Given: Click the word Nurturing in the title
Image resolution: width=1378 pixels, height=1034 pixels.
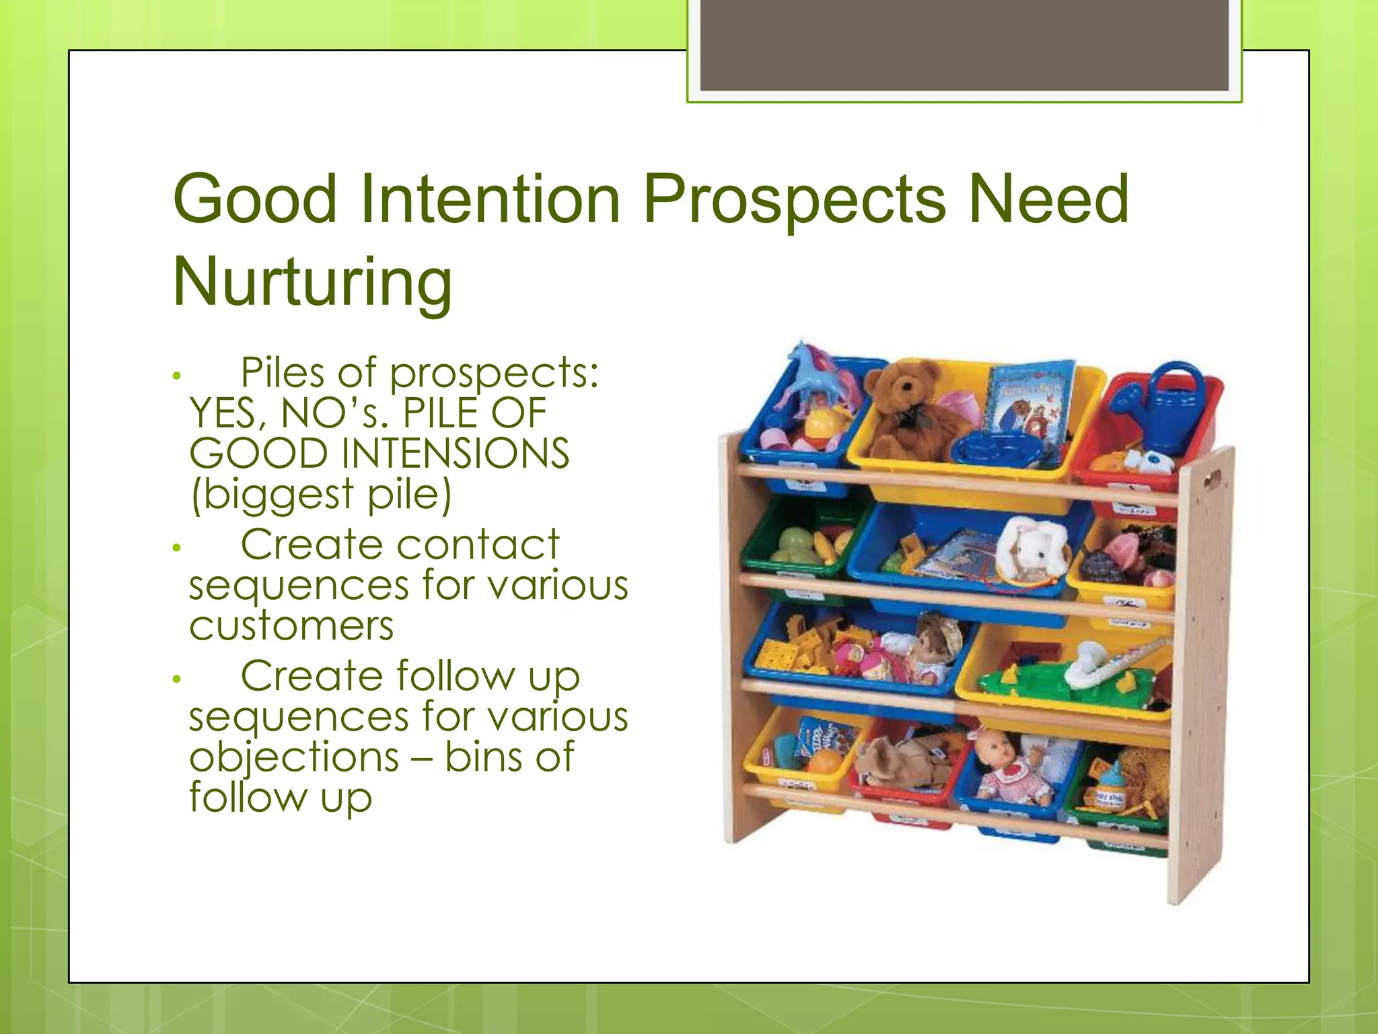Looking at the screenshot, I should click(312, 281).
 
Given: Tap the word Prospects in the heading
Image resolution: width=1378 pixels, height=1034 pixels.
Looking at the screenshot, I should click(795, 200).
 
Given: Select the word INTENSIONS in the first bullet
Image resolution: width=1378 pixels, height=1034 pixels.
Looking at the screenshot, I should click(456, 453).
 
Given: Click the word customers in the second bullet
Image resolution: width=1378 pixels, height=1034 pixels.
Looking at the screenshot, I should click(291, 626).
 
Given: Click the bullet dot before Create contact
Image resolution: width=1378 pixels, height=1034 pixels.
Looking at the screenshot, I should click(176, 548).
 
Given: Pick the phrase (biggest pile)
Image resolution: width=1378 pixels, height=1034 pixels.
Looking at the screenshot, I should click(321, 494).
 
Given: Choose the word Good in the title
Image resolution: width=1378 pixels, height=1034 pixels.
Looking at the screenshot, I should click(254, 200).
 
